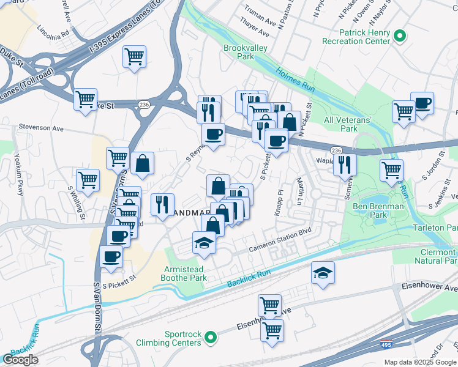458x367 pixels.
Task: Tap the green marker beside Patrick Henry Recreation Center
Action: pyautogui.click(x=400, y=36)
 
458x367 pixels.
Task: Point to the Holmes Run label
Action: pyautogui.click(x=295, y=80)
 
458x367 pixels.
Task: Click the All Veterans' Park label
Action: pyautogui.click(x=348, y=124)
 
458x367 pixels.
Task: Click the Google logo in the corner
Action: pyautogui.click(x=20, y=360)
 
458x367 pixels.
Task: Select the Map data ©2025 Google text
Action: pyautogui.click(x=420, y=362)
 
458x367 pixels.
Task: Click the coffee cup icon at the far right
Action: pyautogui.click(x=422, y=103)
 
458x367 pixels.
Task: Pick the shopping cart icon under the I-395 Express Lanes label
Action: pyautogui.click(x=134, y=56)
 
